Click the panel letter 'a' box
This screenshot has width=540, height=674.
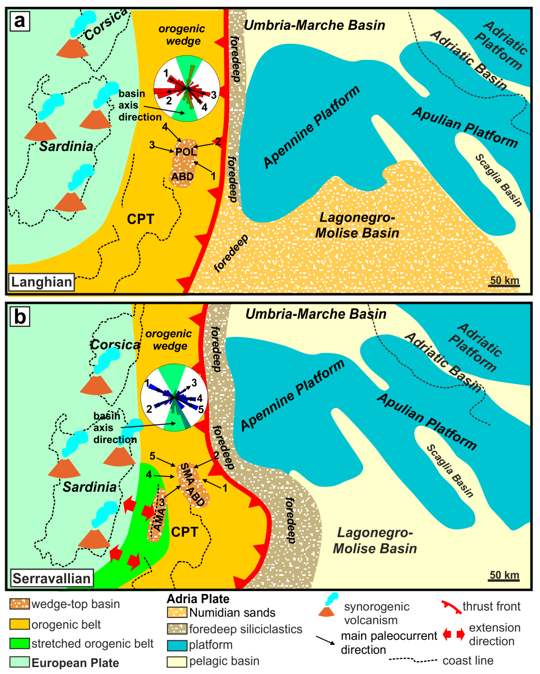tap(20, 21)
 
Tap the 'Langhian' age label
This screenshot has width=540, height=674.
tap(42, 282)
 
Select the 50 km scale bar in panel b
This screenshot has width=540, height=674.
tap(504, 576)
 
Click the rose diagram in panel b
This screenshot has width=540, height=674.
tap(174, 397)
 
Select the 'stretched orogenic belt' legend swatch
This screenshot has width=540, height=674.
tap(20, 643)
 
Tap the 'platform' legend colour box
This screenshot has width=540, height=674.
tap(177, 645)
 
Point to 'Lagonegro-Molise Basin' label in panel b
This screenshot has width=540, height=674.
tap(375, 541)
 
